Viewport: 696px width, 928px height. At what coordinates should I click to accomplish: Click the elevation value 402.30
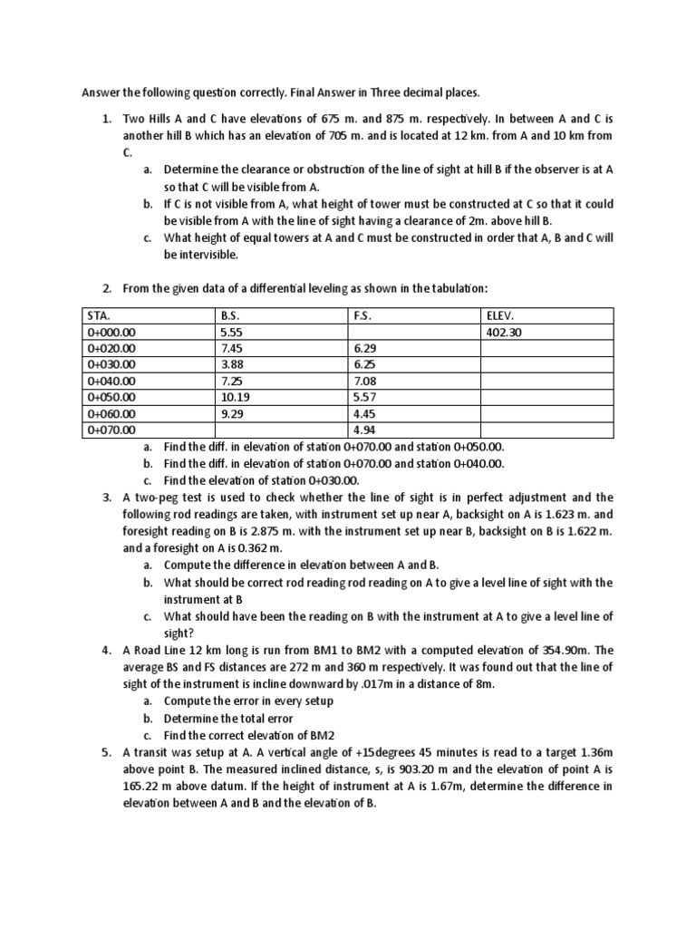[504, 332]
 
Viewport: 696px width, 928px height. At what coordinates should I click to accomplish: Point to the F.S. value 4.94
[363, 430]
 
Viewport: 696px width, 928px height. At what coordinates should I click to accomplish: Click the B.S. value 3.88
[231, 365]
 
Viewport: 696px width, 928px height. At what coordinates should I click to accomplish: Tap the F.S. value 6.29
[363, 349]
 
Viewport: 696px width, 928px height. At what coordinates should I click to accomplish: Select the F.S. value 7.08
[363, 382]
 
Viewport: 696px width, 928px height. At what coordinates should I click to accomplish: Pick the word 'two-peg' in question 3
[156, 498]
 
